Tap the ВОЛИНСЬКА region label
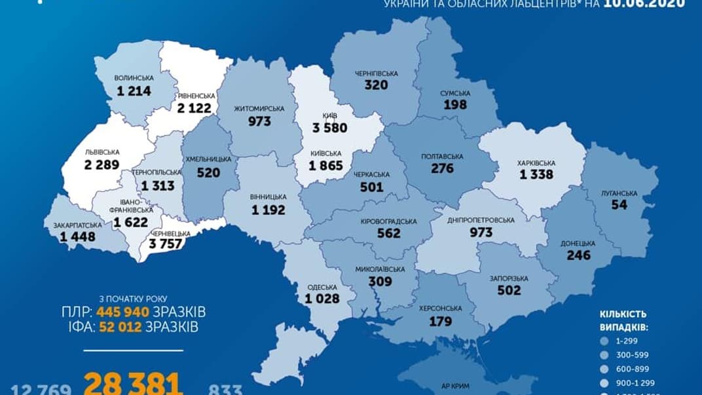(x=135, y=78)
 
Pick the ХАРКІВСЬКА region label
(x=536, y=162)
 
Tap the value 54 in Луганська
(x=619, y=205)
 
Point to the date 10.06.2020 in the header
(x=645, y=3)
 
